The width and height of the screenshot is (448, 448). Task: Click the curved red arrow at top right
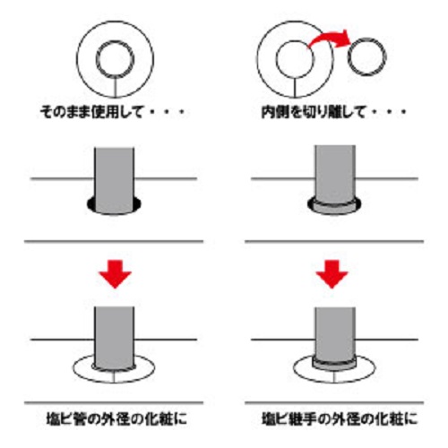coord(329,38)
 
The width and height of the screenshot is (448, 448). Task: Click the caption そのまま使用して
coord(90,112)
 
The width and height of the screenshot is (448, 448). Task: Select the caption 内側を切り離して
coord(314,112)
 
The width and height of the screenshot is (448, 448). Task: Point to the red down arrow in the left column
coord(116,273)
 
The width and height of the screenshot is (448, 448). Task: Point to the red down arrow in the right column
coord(332,273)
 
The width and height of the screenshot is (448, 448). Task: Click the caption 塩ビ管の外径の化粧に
coord(116,418)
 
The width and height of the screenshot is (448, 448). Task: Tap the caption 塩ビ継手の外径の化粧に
coord(340,418)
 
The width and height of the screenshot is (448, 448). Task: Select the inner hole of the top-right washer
coord(295,59)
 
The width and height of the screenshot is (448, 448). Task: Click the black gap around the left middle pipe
coord(90,204)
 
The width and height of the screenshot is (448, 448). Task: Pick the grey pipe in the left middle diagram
coord(114,179)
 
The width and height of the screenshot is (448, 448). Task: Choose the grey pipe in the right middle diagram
coord(335,173)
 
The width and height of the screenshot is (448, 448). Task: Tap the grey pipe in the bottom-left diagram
coord(114,338)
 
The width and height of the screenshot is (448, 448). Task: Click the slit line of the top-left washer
coord(116,88)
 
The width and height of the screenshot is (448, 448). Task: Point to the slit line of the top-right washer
coord(295,88)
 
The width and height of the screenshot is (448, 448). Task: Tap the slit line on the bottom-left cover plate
coord(114,377)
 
